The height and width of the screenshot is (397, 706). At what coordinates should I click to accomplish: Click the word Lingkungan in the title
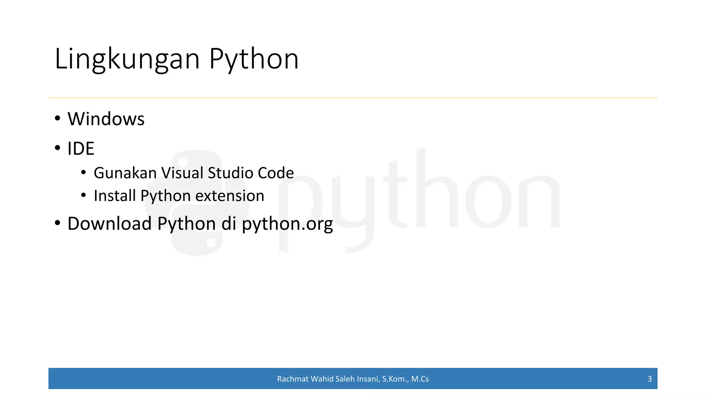[x=127, y=59]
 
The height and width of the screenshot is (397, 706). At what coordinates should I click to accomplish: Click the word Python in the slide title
[x=254, y=59]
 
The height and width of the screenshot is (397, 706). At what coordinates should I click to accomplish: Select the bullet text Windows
[x=106, y=119]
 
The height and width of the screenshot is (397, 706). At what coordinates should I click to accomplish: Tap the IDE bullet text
[x=81, y=149]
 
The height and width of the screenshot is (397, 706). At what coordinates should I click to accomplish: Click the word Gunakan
[x=125, y=173]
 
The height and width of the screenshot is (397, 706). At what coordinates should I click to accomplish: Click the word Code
[x=276, y=173]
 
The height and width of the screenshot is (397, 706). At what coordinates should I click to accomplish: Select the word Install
[x=114, y=196]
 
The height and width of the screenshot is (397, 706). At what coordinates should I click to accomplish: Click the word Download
[x=110, y=224]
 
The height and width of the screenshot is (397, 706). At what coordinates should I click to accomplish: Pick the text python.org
[x=287, y=224]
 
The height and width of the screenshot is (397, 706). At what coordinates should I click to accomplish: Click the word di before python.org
[x=229, y=224]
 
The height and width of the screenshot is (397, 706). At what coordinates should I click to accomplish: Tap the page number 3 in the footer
[x=649, y=379]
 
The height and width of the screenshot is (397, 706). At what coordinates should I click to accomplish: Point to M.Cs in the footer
[x=420, y=379]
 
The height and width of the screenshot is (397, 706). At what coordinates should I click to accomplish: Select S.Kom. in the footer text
[x=395, y=379]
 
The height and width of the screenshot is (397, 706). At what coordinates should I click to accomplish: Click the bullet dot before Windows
[x=58, y=118]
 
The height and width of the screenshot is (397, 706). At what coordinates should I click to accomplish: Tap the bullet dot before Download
[x=58, y=223]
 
